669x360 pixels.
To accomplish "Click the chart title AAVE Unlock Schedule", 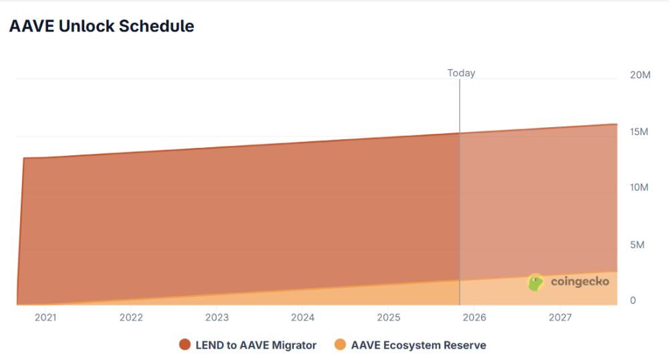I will coord(102,26).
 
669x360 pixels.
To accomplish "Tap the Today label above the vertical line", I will coord(461,73).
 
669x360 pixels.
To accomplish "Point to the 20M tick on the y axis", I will coord(640,75).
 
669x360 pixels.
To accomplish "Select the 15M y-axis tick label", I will coord(640,132).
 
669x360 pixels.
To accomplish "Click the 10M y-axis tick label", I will coord(640,187).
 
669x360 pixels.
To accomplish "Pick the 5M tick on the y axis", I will coord(637,244).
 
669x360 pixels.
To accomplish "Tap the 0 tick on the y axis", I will coord(633,300).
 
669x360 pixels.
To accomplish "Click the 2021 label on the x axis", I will coord(45,317).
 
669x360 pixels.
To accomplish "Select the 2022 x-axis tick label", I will coord(131,317).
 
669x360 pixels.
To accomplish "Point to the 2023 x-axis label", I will coord(217,317).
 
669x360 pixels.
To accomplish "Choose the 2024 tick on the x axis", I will coord(303,317).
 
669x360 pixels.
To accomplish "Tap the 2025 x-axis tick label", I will coord(389,317).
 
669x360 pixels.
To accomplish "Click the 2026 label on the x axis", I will coord(474,317).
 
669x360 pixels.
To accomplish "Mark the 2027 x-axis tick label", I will coord(560,317).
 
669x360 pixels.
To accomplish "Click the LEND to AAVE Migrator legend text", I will coord(256,345).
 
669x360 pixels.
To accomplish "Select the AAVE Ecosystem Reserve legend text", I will coord(418,345).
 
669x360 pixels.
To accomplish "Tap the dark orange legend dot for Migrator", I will coord(185,345).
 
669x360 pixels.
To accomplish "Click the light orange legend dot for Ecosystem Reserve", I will coord(341,345).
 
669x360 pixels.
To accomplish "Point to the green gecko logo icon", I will coord(536,282).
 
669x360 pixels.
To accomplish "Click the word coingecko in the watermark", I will coord(579,282).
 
